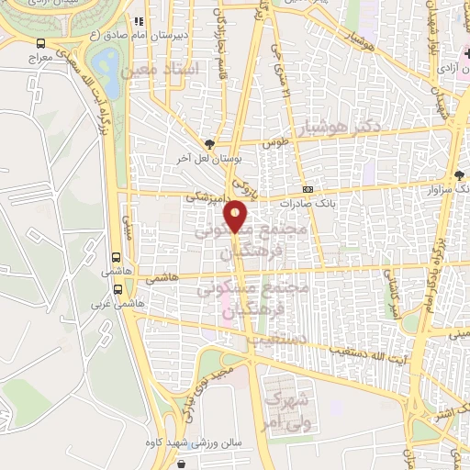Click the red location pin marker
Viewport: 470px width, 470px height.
click(x=237, y=216)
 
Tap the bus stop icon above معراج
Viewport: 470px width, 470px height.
click(x=41, y=42)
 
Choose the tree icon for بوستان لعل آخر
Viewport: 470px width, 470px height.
click(x=211, y=143)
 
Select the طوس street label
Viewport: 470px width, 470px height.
click(x=274, y=144)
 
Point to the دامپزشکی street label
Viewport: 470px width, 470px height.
click(x=204, y=196)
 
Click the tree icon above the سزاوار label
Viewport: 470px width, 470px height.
click(x=460, y=175)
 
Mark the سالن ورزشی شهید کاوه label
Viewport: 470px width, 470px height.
click(x=193, y=443)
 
